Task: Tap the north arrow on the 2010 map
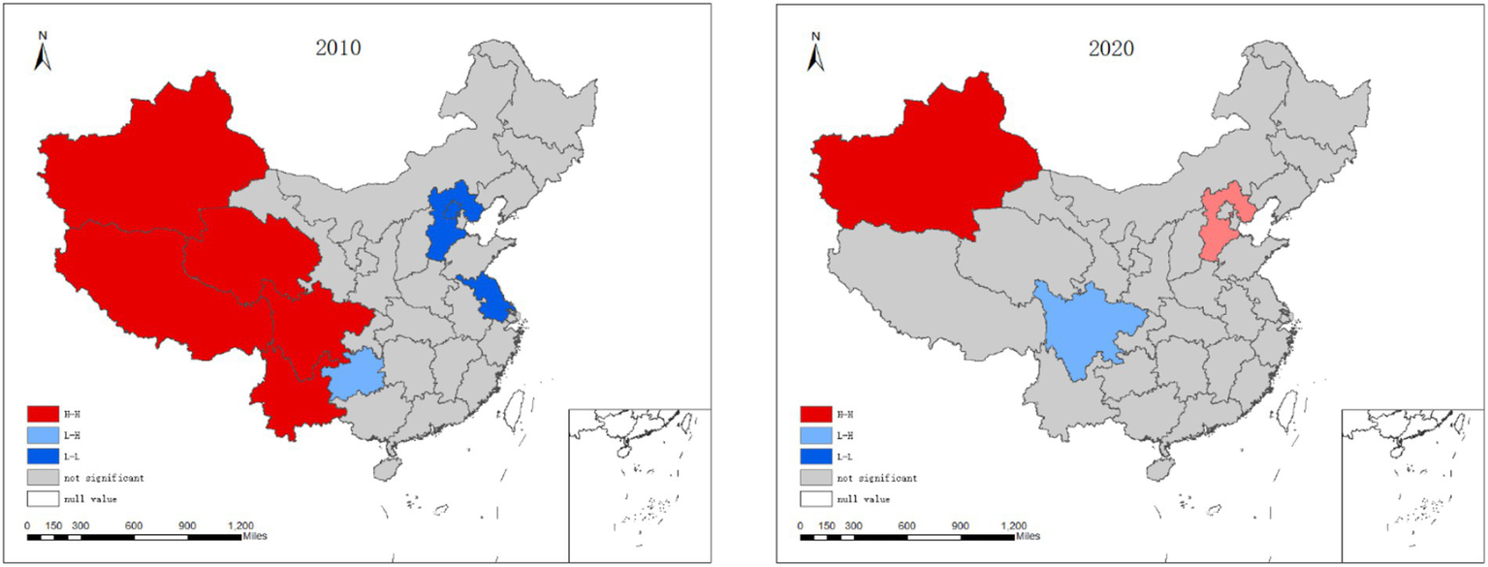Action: coord(43,52)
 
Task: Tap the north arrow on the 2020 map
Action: coord(816,52)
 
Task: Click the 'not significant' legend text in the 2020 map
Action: coord(886,478)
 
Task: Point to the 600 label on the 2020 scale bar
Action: coord(907,524)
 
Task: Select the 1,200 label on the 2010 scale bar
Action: coord(239,524)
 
